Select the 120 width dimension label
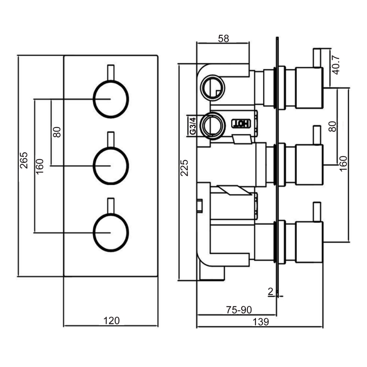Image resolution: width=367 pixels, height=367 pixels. click(x=110, y=321)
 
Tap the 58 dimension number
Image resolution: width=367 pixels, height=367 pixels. click(x=223, y=39)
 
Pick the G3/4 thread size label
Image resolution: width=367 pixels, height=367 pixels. click(x=193, y=126)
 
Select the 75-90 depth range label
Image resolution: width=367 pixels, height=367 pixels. click(x=240, y=309)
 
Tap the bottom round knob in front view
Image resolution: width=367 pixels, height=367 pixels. click(x=111, y=232)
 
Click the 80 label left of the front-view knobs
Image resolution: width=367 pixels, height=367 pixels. click(x=57, y=132)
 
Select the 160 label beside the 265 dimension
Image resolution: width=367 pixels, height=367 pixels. click(x=39, y=166)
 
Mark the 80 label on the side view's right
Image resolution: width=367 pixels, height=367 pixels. click(x=333, y=126)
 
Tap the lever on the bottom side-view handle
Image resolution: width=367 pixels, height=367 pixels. click(x=317, y=211)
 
